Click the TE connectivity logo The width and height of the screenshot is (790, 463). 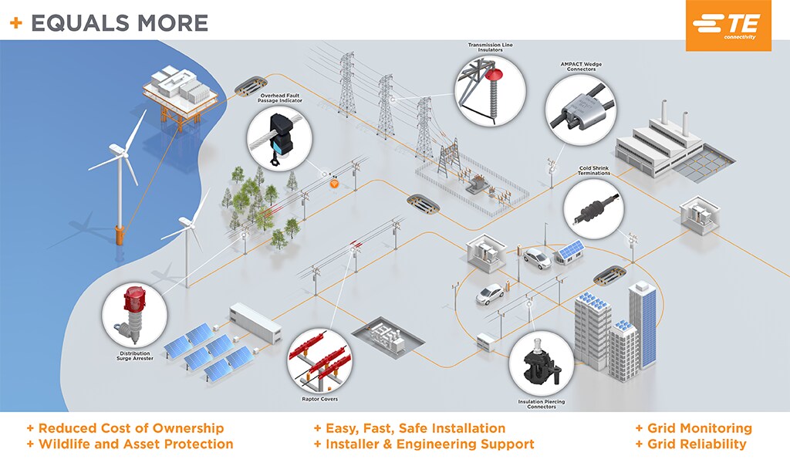728,26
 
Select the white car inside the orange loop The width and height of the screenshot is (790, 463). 490,293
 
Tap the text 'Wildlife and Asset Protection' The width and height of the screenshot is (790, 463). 135,444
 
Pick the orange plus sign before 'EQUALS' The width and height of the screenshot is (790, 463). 15,23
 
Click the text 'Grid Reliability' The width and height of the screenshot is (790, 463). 697,444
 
